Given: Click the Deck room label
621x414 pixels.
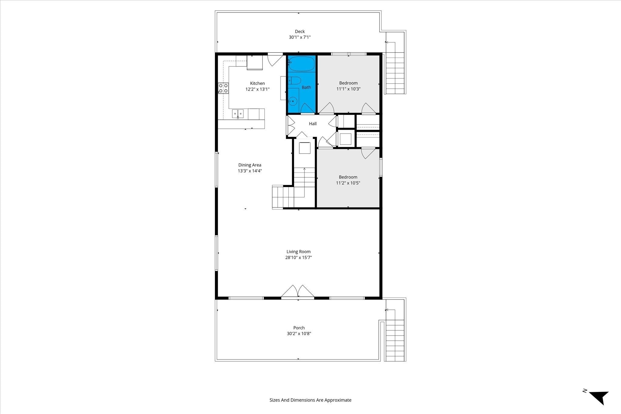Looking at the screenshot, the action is [x=300, y=31].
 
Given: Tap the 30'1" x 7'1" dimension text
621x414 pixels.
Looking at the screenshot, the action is [x=300, y=37].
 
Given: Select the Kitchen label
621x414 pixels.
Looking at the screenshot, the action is [x=257, y=83].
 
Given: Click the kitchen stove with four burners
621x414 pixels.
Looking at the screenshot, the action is [x=223, y=88].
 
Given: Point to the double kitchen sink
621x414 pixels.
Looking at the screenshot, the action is [x=238, y=114].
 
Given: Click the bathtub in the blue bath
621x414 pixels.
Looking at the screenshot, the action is [x=301, y=63].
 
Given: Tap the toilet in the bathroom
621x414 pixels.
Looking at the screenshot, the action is [x=294, y=81].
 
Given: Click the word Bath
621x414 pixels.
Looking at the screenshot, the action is [x=306, y=87].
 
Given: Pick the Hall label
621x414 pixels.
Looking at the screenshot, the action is [x=313, y=124].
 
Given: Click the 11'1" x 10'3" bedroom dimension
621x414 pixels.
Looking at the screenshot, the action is [x=348, y=89].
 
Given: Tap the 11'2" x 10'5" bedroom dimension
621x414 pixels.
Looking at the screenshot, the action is [x=348, y=183].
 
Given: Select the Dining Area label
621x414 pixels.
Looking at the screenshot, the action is [x=250, y=165].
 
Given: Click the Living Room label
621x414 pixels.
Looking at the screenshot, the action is [x=299, y=252].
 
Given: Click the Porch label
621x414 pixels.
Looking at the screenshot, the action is [x=299, y=328].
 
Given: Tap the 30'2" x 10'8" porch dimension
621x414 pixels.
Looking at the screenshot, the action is [x=299, y=334].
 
